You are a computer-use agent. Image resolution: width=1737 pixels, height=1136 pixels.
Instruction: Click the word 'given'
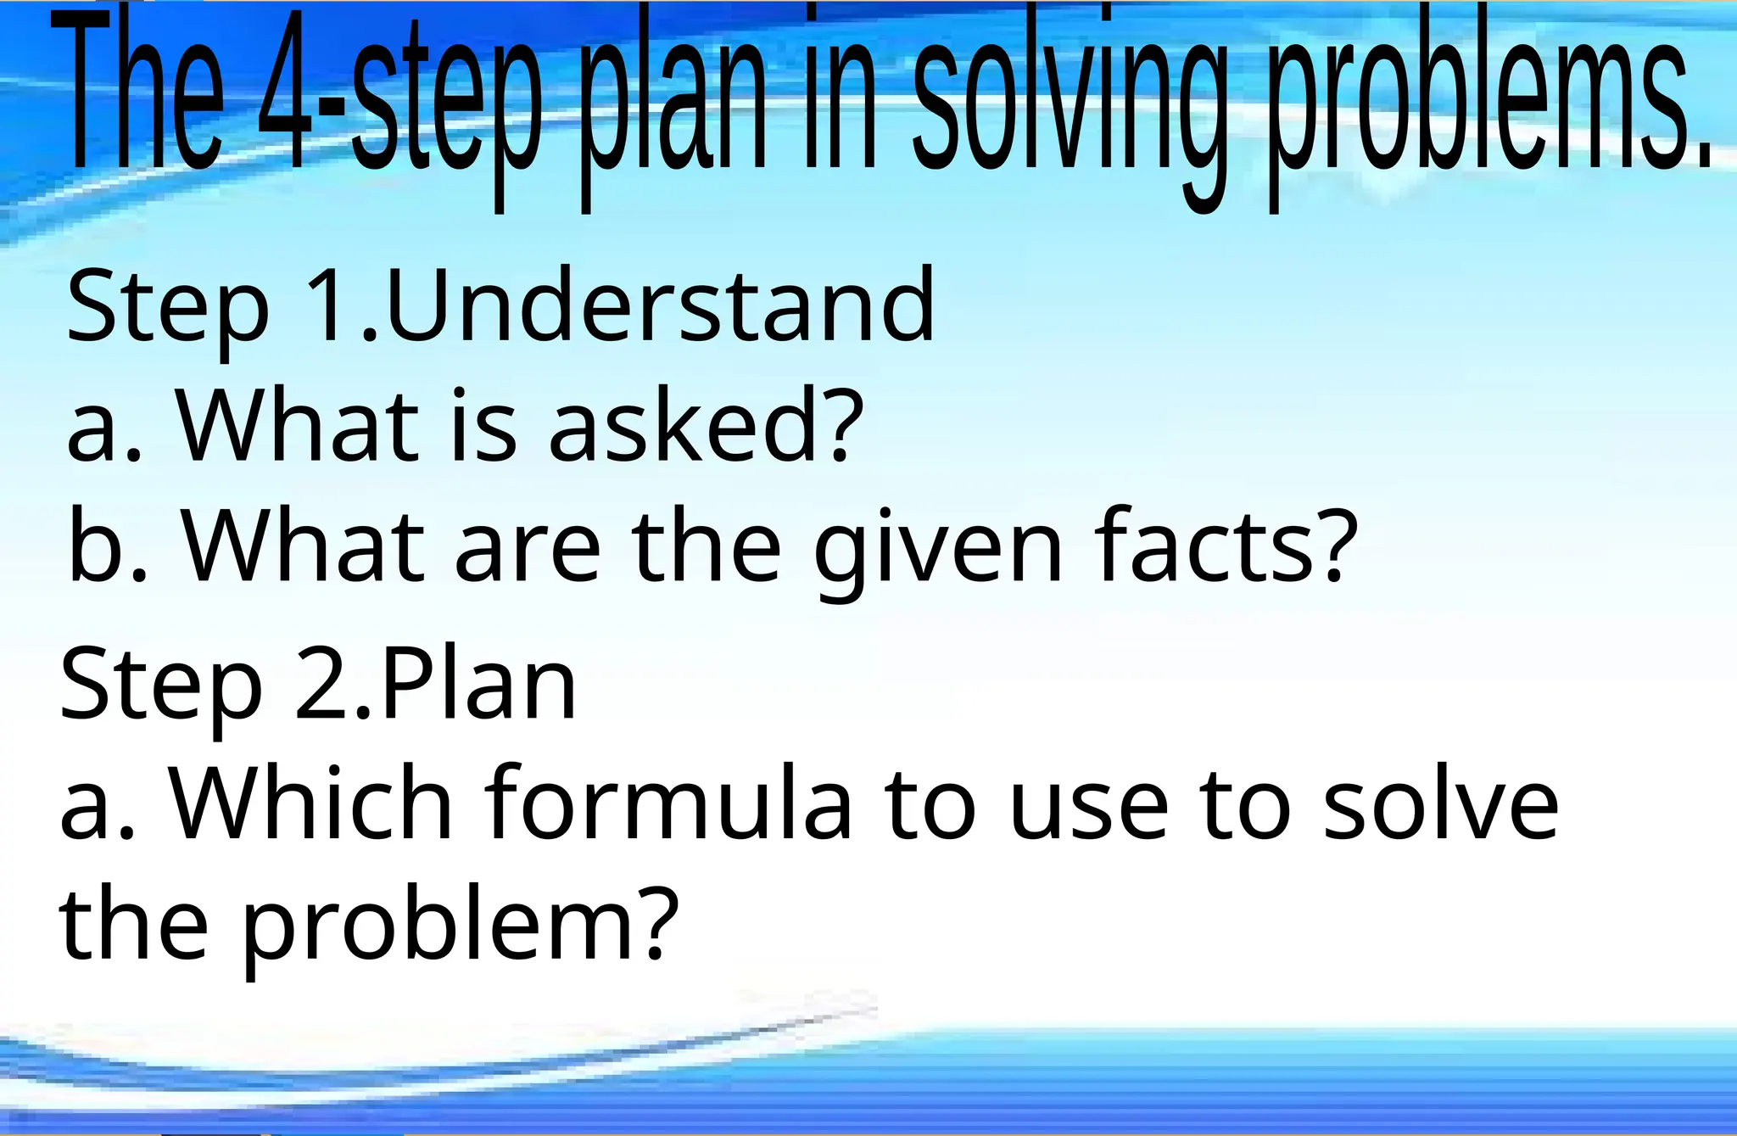[938, 547]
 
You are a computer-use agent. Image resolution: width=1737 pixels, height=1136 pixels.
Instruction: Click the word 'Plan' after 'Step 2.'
[478, 682]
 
